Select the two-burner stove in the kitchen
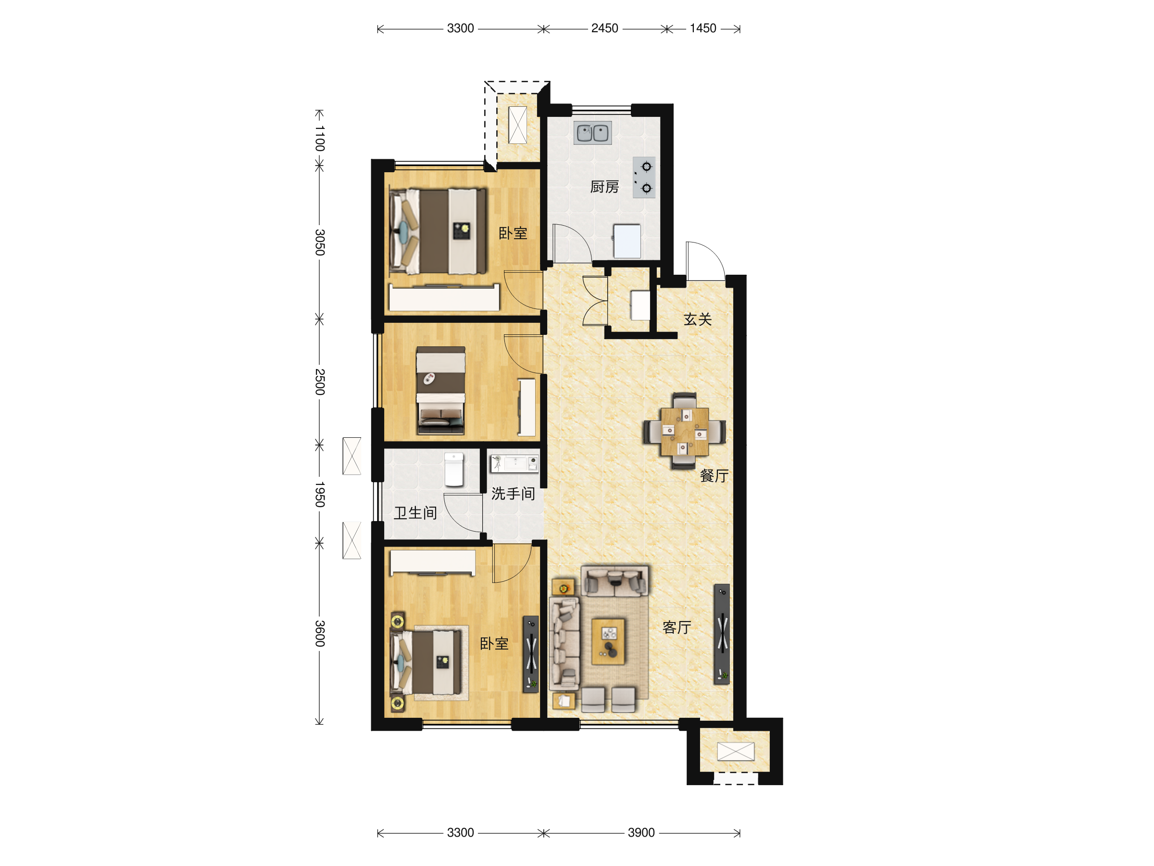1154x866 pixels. (x=644, y=178)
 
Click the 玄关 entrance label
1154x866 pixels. (x=698, y=319)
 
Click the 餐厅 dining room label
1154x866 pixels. (x=714, y=475)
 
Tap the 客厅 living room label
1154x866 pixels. (x=677, y=627)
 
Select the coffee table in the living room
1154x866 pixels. (x=608, y=641)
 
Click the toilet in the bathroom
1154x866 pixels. (x=454, y=469)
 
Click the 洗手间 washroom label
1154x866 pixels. (x=513, y=493)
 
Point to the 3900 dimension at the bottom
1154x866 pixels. (x=641, y=833)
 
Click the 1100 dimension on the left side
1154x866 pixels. (x=320, y=139)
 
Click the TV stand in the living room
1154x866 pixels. (x=722, y=634)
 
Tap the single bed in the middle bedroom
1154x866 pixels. (x=440, y=391)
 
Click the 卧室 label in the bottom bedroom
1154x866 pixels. (x=494, y=644)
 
